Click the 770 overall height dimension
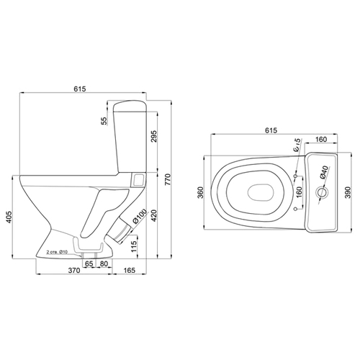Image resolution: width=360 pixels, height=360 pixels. (x=168, y=179)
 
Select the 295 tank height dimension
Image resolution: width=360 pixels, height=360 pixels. (x=154, y=136)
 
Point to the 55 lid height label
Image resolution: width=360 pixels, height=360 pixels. (x=104, y=121)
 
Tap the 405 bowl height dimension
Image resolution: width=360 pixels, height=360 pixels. (x=9, y=217)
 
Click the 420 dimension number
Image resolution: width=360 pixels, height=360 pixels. (x=154, y=215)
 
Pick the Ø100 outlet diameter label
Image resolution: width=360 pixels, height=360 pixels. (x=140, y=216)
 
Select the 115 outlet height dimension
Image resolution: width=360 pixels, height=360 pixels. (x=134, y=246)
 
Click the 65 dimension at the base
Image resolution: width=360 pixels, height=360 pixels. (x=89, y=264)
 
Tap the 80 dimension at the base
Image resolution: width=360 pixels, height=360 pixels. (x=104, y=264)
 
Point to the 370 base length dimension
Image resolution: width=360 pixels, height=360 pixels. (x=74, y=271)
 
